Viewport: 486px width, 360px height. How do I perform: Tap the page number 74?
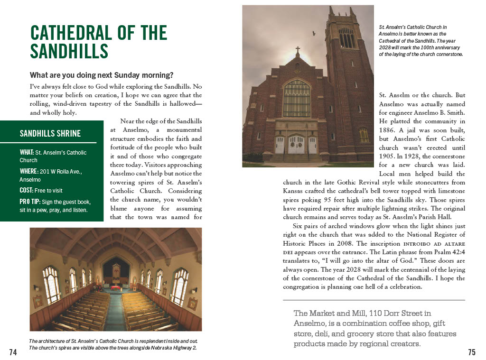[13, 352]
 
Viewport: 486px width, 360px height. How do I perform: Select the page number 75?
[471, 352]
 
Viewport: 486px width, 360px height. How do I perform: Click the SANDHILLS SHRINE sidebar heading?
[50, 133]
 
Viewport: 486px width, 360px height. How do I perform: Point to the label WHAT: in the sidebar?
[27, 153]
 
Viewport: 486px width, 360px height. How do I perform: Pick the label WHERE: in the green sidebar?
[29, 171]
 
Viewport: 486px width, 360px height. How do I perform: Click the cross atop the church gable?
[298, 50]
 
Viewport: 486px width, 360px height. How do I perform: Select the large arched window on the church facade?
[297, 98]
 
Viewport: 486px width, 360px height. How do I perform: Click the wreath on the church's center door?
[297, 141]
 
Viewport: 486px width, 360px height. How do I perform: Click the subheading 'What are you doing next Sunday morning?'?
[102, 75]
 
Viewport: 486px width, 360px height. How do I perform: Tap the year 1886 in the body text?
[387, 130]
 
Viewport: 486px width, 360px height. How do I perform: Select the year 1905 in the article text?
[387, 156]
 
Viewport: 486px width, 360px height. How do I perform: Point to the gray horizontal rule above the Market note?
[374, 300]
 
